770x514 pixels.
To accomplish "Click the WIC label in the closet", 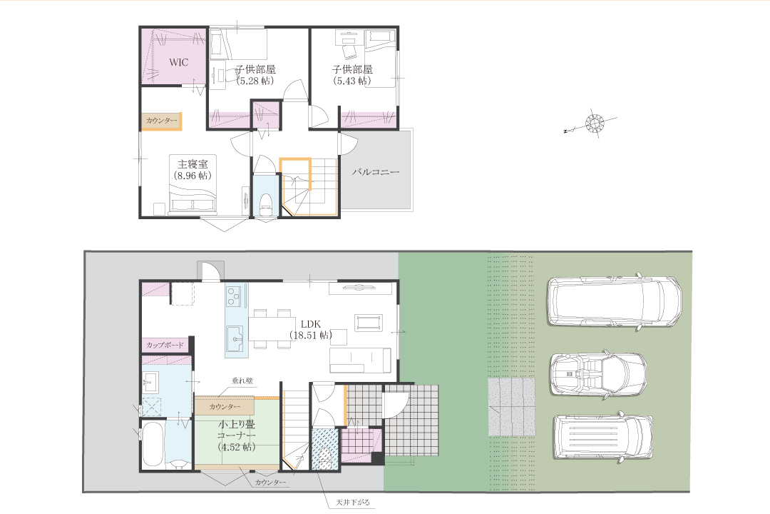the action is (179, 63).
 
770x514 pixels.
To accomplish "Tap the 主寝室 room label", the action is (192, 163).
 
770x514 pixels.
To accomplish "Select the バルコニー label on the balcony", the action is (376, 172).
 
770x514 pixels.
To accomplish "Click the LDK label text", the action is (310, 324).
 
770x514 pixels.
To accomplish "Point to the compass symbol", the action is (595, 123).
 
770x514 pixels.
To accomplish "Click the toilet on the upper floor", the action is (266, 203).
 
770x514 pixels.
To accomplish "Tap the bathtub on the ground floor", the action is (153, 445).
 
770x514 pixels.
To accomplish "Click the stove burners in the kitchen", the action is (233, 296).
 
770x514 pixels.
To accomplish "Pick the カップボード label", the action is (165, 345).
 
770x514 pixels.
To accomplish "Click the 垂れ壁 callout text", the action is (242, 381).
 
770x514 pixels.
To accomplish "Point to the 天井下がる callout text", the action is (353, 503).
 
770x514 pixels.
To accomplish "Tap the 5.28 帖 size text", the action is (255, 81).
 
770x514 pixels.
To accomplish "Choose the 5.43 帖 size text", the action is (352, 81).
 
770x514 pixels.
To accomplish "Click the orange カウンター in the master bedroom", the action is (162, 121).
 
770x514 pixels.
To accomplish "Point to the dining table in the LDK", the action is (272, 329).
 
